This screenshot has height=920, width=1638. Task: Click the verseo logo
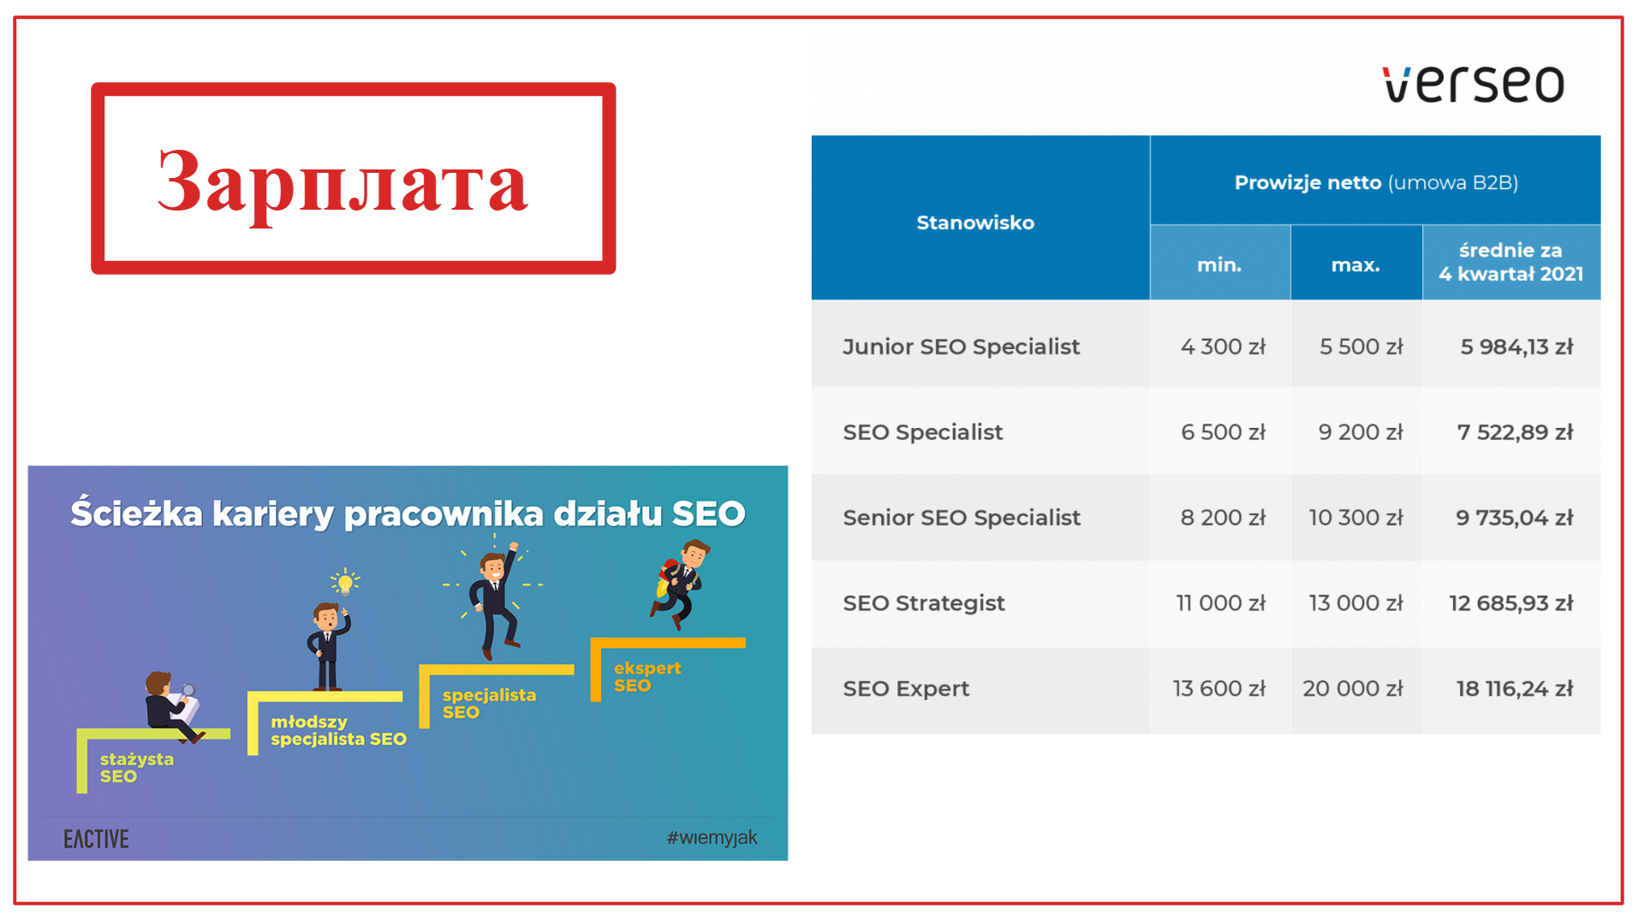point(1473,84)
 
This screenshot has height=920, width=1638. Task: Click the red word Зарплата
point(342,181)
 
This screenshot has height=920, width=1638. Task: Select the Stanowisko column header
point(974,223)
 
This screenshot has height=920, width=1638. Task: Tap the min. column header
point(1218,264)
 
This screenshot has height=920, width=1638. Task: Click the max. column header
point(1355,264)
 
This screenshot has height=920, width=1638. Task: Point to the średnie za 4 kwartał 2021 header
point(1510,262)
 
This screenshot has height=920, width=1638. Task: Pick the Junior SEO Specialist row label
point(961,347)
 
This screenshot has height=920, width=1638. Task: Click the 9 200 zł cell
point(1360,432)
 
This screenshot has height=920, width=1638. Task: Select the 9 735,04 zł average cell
point(1514,518)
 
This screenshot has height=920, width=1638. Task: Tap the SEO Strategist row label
point(923,603)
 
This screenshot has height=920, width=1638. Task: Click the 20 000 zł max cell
point(1352,689)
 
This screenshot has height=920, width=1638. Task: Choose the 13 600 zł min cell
point(1218,689)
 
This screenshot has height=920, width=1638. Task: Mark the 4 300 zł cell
point(1222,347)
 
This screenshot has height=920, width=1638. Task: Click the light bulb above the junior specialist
point(345,583)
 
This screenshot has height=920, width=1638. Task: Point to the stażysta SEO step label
point(136,768)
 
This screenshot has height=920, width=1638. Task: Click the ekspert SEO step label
point(646,677)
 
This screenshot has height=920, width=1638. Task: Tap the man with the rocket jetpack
point(681,582)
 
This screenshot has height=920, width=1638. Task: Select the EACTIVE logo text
point(96,839)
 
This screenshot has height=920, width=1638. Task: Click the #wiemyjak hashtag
point(712,838)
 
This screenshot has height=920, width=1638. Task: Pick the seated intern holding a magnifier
point(171,706)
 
